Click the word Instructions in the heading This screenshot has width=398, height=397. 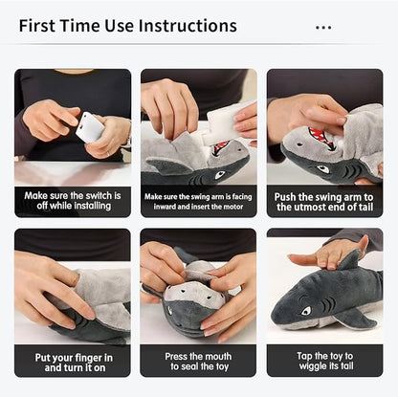188,26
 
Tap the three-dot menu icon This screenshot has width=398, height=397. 323,28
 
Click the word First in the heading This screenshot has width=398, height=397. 37,26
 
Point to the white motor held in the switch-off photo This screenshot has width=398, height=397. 90,127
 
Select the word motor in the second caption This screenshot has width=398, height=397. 233,207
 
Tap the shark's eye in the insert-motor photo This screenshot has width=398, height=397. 220,174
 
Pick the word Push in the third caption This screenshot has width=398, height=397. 285,197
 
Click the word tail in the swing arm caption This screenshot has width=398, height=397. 365,208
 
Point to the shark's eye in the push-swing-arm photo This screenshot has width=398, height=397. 322,168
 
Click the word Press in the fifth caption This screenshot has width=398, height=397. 176,356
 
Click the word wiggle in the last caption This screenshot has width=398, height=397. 314,366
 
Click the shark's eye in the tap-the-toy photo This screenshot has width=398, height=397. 306,310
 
